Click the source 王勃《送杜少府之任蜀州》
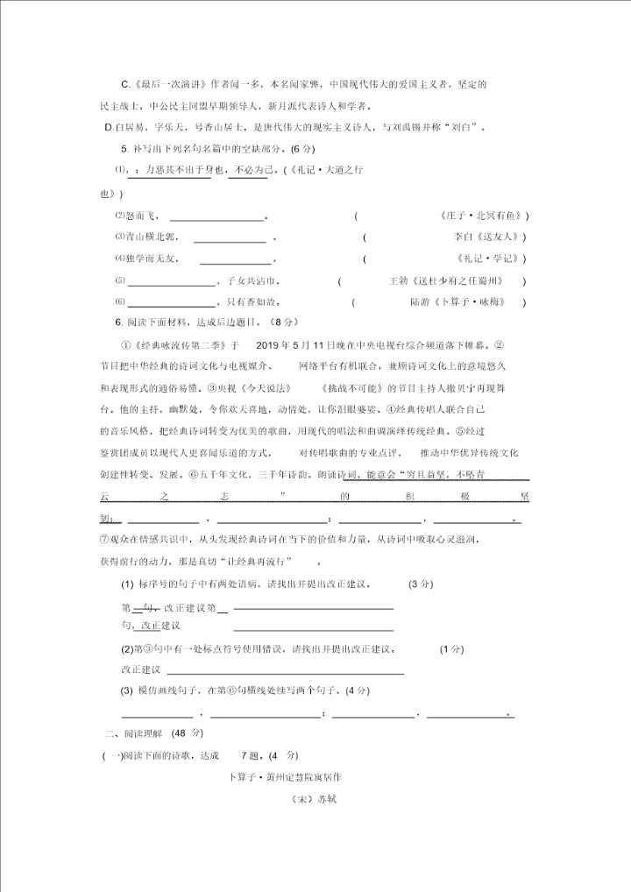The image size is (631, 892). pyautogui.click(x=446, y=281)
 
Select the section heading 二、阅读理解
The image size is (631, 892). pyautogui.click(x=135, y=733)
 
